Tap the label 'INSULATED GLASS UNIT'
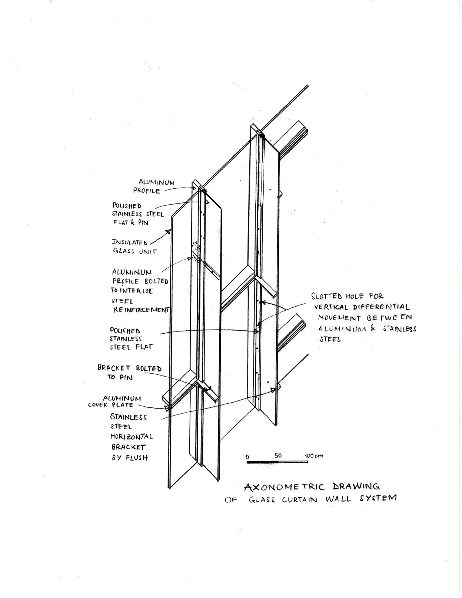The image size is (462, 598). (x=134, y=247)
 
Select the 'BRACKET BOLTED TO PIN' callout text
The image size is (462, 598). (x=129, y=373)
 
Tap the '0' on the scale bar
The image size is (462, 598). (x=247, y=457)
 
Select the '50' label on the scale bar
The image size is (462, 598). (x=278, y=456)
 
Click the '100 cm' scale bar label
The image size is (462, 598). (x=314, y=455)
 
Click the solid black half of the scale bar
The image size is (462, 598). (x=263, y=462)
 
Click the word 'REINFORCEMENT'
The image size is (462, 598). (x=141, y=310)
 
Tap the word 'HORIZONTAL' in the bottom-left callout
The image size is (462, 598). (x=132, y=437)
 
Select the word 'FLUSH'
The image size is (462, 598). (x=137, y=458)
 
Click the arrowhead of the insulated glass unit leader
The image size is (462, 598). (x=168, y=231)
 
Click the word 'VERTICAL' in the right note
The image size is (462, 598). (x=331, y=307)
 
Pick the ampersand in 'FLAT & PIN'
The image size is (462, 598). (x=132, y=222)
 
